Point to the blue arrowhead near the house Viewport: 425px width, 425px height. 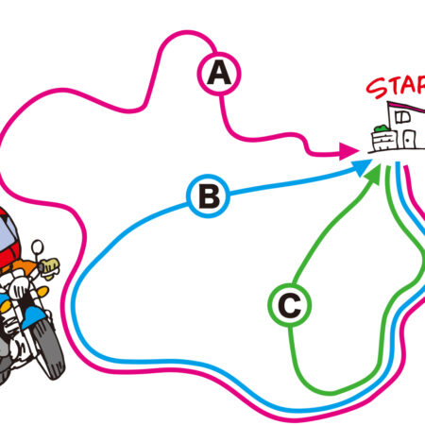coord(362,167)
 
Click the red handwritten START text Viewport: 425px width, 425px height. coord(396,86)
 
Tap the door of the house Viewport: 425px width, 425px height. coord(409,139)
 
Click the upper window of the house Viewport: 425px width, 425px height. coord(402,117)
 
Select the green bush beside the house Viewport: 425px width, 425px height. coord(381,128)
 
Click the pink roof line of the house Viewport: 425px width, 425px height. coord(406,107)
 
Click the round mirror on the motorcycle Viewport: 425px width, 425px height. coord(38,246)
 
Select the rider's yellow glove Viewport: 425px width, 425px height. coord(50,267)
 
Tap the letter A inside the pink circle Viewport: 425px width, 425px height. coord(219,73)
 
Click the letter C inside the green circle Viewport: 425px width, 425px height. coord(290,305)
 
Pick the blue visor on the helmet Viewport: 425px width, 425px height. coord(7,234)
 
